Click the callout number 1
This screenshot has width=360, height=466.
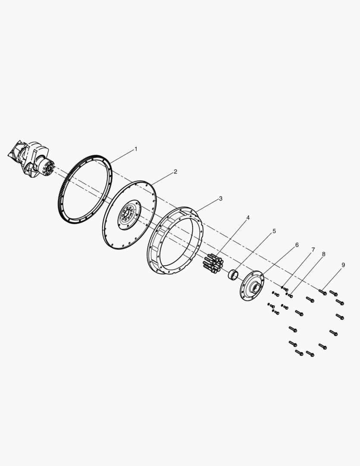click(x=136, y=149)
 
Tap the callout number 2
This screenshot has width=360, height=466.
click(x=175, y=171)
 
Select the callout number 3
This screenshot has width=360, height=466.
click(x=221, y=198)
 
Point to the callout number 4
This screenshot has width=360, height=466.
click(x=248, y=217)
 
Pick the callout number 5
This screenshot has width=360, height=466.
click(x=274, y=231)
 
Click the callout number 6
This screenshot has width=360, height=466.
click(x=297, y=245)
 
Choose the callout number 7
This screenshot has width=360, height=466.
click(x=313, y=250)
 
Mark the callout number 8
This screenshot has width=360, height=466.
click(x=323, y=254)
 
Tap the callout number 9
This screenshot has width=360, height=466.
click(x=343, y=265)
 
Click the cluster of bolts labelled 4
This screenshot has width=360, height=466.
click(x=213, y=263)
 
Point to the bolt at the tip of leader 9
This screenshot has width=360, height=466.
click(x=322, y=292)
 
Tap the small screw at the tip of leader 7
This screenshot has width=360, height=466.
click(x=285, y=289)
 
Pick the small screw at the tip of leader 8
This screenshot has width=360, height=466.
click(x=289, y=295)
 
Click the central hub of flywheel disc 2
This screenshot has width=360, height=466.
click(x=129, y=214)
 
